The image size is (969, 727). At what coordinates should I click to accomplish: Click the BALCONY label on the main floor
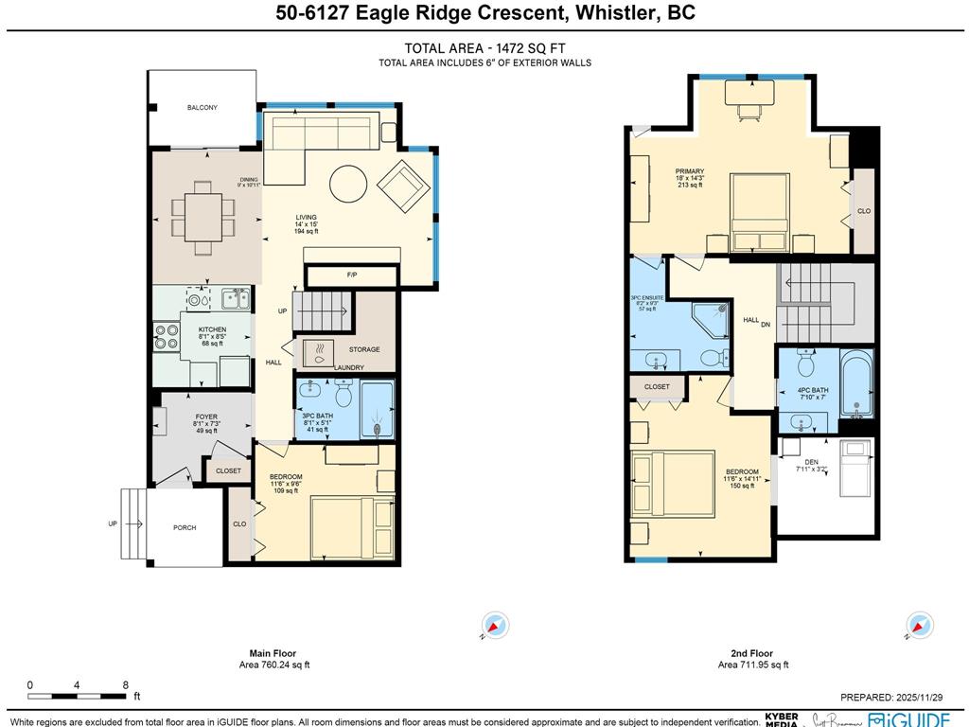202,108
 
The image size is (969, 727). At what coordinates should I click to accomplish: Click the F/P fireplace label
352,275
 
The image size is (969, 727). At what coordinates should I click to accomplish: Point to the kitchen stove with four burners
167,338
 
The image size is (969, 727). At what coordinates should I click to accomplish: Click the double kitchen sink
235,299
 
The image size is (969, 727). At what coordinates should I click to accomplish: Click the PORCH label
185,527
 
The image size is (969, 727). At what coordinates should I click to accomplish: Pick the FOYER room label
206,417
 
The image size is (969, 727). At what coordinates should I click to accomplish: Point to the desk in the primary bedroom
749,93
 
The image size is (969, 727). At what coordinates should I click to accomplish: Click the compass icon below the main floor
495,625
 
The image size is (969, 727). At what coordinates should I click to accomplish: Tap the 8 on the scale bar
126,684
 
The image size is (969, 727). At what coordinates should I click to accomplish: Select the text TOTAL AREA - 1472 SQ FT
485,49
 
